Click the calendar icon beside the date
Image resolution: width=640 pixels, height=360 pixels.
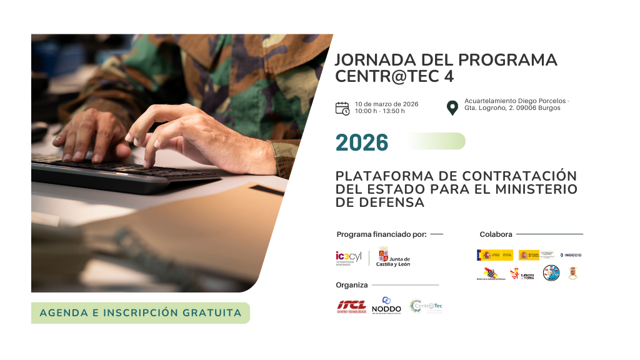(342, 108)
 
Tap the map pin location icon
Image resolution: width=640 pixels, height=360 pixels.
(452, 107)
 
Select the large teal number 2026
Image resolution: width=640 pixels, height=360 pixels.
(362, 142)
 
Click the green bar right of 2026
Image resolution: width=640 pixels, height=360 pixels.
(437, 141)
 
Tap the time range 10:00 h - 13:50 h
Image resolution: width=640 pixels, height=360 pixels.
(379, 111)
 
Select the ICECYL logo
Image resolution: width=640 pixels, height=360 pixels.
(349, 257)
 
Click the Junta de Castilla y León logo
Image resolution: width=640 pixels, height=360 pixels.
(394, 257)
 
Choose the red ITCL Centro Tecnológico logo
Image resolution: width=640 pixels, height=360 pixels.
(352, 306)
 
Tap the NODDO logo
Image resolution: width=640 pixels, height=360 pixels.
(386, 306)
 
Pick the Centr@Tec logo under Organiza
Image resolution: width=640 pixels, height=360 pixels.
(426, 306)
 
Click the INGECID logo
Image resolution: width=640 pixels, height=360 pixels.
(571, 255)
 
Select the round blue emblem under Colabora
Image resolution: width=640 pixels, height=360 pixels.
(551, 273)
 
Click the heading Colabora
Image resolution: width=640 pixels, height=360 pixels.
(496, 234)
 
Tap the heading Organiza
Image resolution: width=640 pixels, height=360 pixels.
(352, 285)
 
